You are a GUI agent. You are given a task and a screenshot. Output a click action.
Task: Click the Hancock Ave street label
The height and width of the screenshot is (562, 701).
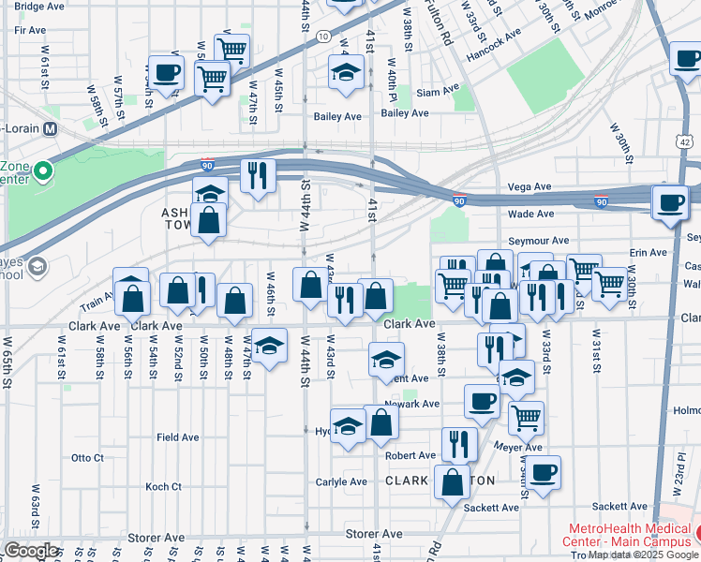496,41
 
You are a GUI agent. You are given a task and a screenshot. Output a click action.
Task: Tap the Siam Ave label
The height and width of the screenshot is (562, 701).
439,93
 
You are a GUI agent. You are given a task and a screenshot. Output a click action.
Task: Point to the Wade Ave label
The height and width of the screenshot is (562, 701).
529,214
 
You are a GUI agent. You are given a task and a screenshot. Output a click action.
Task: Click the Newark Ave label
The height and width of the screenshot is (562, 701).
411,404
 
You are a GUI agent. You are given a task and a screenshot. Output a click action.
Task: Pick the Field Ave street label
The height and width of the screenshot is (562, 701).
177,436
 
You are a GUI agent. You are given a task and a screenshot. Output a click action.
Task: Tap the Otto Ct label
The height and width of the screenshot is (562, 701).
87,458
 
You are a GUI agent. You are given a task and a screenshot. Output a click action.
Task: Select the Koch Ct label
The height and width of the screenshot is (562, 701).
163,486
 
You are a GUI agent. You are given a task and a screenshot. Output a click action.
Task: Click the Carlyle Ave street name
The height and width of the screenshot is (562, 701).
343,481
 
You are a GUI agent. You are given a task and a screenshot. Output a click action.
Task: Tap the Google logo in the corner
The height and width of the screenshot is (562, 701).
31,551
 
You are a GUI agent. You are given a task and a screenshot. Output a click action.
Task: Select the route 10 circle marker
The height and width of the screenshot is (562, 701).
322,36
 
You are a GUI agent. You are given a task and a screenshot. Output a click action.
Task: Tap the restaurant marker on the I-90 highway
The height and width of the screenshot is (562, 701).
256,175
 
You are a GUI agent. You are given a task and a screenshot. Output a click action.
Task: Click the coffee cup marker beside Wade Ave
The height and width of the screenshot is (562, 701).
670,202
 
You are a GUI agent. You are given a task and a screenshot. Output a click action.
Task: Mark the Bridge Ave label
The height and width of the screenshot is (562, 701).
39,6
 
